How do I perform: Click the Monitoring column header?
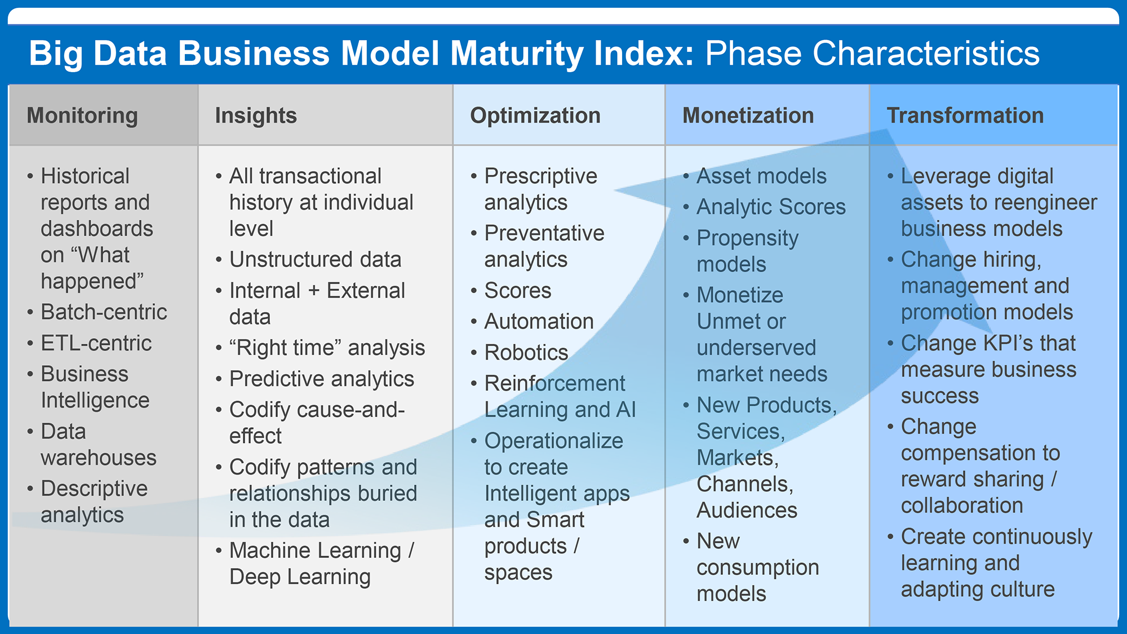(82, 116)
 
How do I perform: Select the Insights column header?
(256, 116)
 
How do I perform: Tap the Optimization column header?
(535, 116)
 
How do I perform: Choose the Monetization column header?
(748, 116)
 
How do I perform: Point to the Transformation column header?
(965, 116)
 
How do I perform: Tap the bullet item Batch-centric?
(104, 312)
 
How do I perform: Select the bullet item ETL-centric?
(96, 343)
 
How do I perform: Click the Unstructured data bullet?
(316, 260)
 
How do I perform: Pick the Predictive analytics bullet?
(322, 379)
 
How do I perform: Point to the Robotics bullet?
(526, 353)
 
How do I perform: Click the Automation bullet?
(539, 322)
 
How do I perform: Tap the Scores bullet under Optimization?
(518, 291)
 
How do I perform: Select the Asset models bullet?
(762, 176)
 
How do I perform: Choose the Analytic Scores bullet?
(771, 207)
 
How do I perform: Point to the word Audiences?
(747, 511)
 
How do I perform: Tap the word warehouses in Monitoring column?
(99, 458)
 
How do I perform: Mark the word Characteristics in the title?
(872, 54)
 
